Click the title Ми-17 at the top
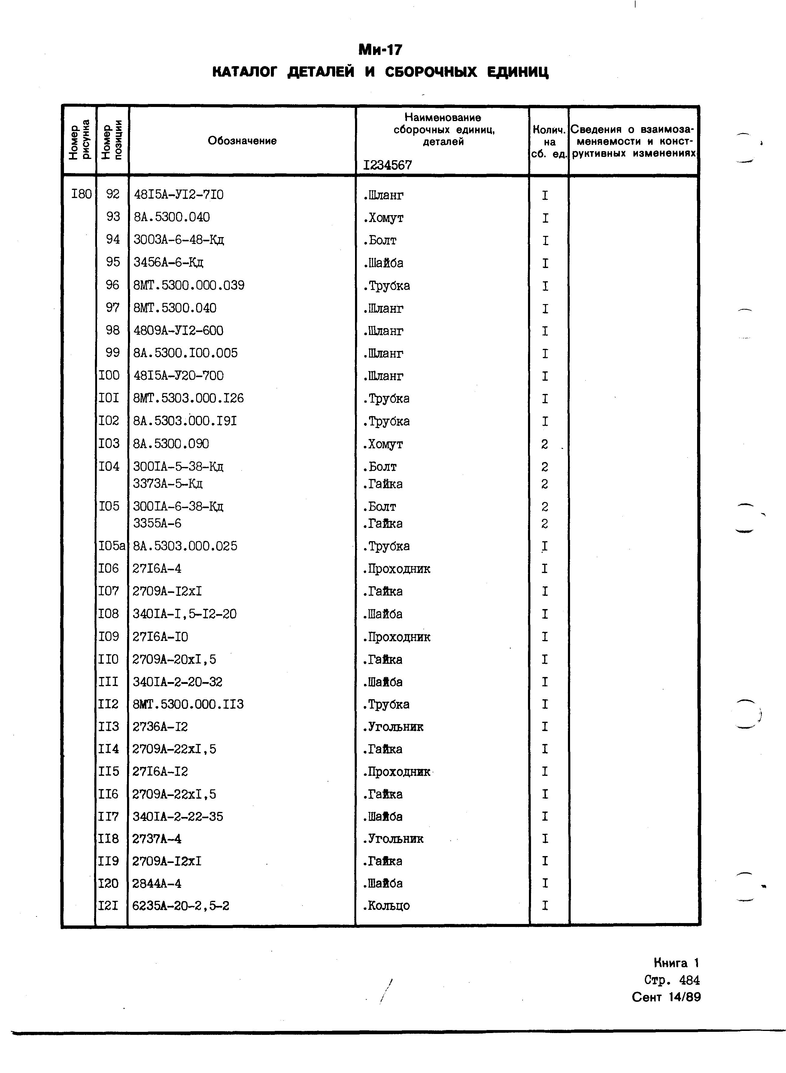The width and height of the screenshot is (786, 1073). (x=380, y=50)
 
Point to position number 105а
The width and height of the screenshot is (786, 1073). (x=112, y=546)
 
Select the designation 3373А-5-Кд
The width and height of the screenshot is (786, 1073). (x=168, y=484)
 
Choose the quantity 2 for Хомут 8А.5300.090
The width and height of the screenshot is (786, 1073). (x=545, y=444)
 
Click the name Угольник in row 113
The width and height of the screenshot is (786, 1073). (x=393, y=727)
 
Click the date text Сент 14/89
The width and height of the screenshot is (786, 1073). (x=666, y=997)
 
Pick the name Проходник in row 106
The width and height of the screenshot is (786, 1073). (x=396, y=569)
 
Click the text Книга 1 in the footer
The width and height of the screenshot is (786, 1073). (x=676, y=963)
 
